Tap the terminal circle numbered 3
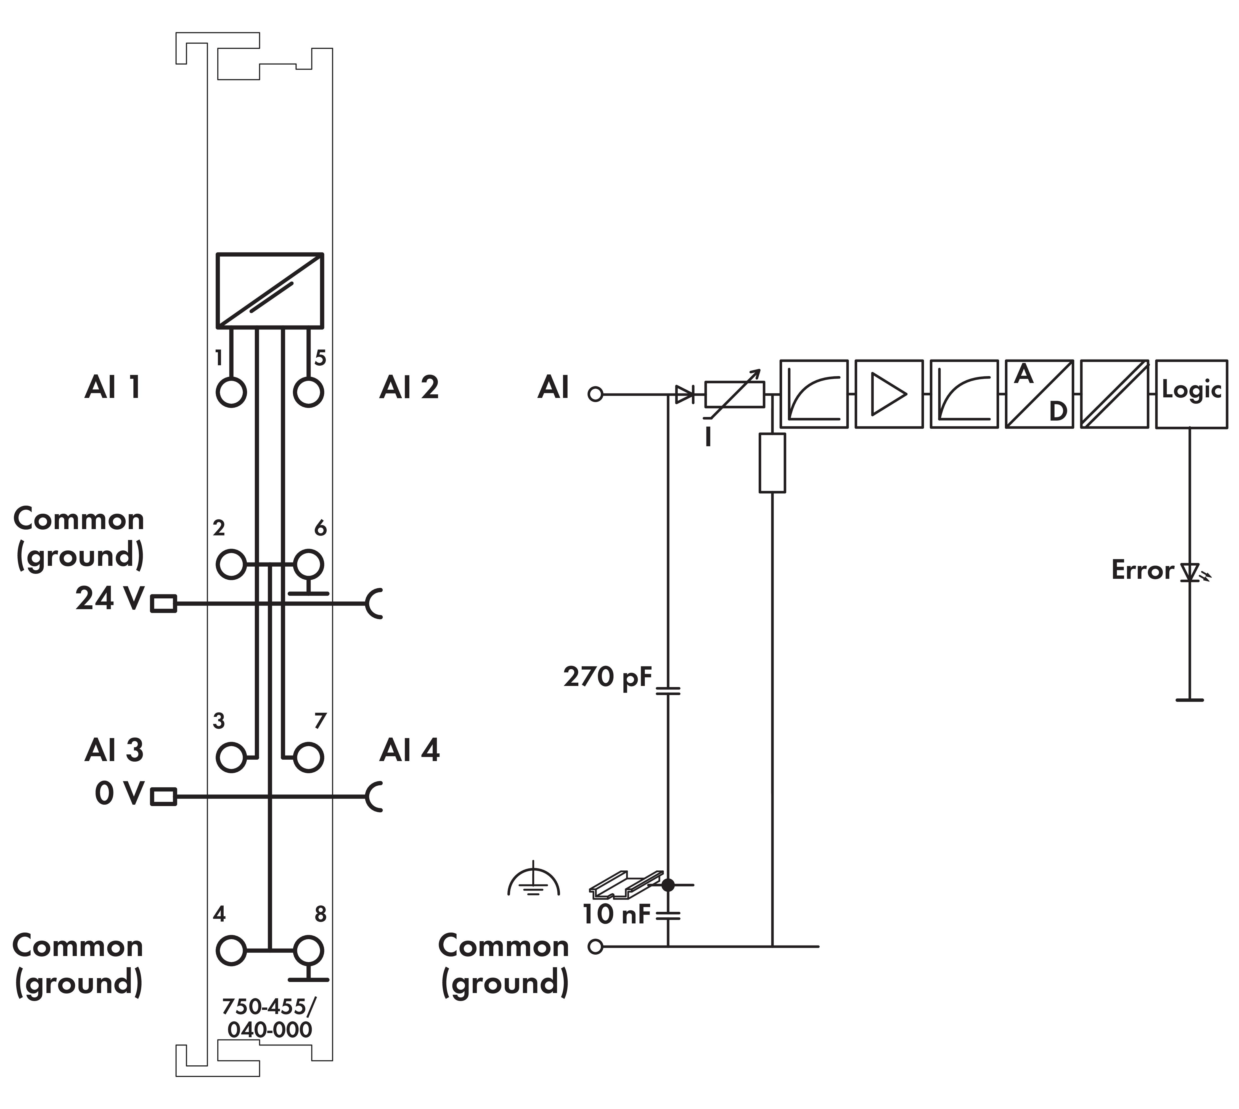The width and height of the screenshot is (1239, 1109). [x=231, y=757]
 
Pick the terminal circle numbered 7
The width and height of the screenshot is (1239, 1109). [x=308, y=757]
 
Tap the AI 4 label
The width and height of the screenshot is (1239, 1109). [x=409, y=750]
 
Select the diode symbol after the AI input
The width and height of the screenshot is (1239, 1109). [x=685, y=394]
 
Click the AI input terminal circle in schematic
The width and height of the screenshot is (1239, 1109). [x=595, y=394]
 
